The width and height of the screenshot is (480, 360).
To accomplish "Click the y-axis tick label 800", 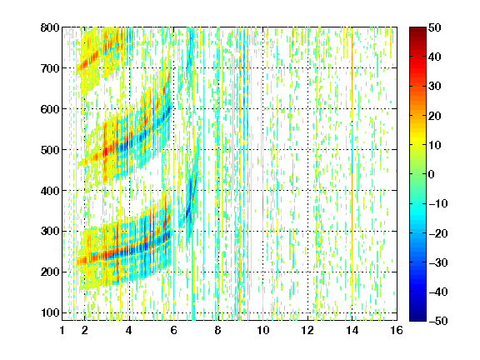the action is tap(50, 27).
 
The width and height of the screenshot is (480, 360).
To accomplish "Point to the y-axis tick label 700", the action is tap(50, 68).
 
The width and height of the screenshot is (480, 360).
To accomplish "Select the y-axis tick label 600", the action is tap(50, 109).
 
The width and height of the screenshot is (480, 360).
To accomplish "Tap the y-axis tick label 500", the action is tap(50, 150).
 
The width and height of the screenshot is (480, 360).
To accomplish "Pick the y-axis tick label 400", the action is tap(50, 191).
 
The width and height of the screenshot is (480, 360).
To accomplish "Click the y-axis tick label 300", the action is tap(50, 232).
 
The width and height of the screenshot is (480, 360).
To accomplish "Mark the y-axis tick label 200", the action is tap(50, 272).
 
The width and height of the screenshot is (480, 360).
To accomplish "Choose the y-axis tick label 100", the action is tap(50, 312).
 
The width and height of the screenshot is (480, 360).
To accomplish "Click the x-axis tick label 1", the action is tap(62, 330).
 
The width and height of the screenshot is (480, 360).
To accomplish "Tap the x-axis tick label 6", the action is tap(173, 330).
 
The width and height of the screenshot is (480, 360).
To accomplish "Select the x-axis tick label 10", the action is tap(262, 330).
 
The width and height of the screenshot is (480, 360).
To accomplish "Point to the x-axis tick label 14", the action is tap(352, 330).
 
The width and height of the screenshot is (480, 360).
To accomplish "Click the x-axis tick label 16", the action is tap(397, 330).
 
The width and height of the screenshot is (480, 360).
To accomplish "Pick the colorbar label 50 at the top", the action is tap(434, 27).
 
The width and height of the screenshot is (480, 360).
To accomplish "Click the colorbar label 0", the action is tap(432, 174).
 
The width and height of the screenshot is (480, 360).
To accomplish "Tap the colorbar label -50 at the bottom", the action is tap(438, 321).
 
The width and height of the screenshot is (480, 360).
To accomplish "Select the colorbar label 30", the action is tap(434, 87).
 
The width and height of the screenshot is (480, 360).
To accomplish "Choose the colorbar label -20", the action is tap(438, 233).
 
